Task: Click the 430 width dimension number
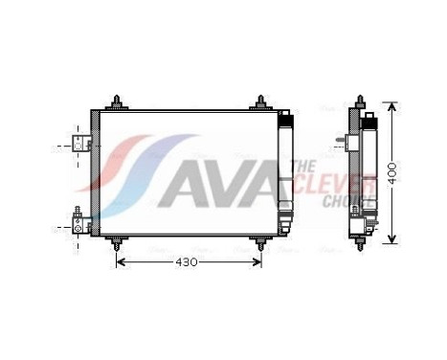tap(189, 261)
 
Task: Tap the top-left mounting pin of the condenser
tap(117, 101)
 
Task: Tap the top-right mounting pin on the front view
tap(261, 101)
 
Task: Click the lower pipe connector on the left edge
tap(80, 226)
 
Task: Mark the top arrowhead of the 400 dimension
tap(390, 103)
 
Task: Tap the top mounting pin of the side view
tap(360, 101)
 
